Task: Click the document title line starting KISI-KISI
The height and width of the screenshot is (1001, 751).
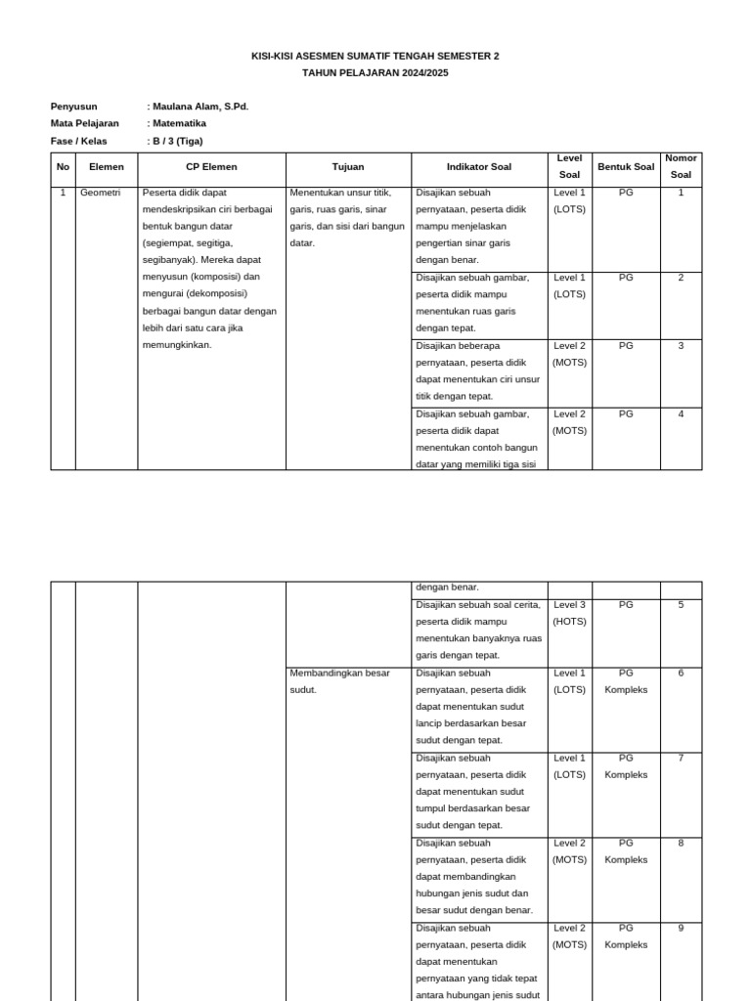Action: [375, 57]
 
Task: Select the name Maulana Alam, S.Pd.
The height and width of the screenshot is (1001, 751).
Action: [199, 107]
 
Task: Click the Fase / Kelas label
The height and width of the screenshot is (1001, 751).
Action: [78, 141]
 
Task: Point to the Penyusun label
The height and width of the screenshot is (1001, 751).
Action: [74, 107]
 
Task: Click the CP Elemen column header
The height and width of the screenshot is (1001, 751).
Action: [211, 167]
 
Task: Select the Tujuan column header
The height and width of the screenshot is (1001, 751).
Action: [347, 167]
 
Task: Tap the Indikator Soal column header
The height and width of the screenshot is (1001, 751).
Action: [478, 167]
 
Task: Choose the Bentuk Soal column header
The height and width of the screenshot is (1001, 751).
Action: [626, 167]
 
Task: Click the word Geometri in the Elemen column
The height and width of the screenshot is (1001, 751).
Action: [100, 193]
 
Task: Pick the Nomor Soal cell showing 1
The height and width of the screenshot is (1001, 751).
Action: [681, 193]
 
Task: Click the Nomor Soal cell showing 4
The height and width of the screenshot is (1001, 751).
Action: [681, 413]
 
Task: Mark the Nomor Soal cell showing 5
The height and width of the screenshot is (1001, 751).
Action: [681, 605]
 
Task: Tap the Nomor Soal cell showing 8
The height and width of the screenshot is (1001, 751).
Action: [681, 843]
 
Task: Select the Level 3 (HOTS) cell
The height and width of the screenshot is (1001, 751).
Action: [569, 613]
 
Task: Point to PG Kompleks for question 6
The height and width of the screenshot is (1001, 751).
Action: [626, 681]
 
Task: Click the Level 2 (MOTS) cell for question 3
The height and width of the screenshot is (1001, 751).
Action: [569, 354]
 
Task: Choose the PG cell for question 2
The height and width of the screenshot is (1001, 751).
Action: [626, 278]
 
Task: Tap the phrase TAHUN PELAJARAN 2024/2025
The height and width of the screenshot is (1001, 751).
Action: [375, 73]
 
